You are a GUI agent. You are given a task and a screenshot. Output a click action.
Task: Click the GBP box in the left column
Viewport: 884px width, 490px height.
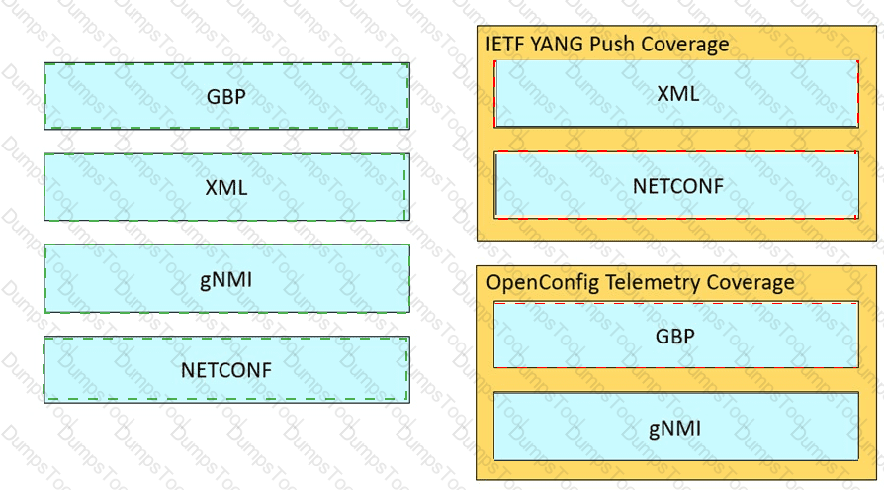226,96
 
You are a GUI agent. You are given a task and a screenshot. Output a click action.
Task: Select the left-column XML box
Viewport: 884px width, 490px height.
226,187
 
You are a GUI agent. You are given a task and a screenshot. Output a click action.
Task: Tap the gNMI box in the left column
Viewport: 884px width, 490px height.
226,278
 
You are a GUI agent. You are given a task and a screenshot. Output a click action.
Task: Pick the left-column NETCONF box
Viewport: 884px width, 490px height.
226,370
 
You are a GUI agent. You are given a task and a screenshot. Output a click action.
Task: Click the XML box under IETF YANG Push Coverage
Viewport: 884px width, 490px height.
676,94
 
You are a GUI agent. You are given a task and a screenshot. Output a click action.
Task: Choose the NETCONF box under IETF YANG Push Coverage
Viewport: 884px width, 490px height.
676,185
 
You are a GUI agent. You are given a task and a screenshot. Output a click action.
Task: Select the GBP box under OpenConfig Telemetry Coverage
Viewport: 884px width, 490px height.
676,335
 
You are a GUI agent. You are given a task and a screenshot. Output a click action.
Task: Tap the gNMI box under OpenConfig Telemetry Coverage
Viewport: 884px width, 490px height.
676,427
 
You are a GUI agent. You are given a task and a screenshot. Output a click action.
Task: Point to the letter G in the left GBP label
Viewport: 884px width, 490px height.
214,97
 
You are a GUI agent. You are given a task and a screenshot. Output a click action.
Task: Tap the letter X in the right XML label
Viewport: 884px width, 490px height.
664,93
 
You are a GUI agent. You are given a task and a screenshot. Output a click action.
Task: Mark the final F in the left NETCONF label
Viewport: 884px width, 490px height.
267,370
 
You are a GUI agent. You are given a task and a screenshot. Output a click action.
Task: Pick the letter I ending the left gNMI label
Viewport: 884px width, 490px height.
249,279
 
